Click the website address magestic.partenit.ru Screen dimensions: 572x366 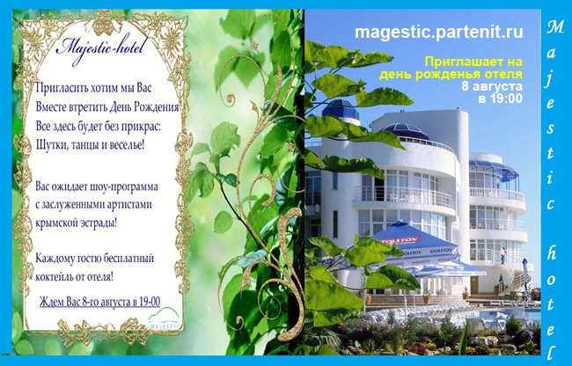(439, 32)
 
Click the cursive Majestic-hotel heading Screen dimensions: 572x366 (102, 49)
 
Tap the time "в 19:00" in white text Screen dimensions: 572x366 (500, 99)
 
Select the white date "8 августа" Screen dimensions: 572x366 (492, 87)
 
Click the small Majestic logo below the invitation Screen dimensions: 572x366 (165, 318)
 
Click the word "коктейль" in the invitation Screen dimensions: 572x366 (54, 276)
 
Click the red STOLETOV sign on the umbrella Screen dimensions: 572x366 (400, 240)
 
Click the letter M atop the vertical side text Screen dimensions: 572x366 (555, 27)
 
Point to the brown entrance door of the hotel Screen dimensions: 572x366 (474, 285)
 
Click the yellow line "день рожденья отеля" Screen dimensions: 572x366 (451, 75)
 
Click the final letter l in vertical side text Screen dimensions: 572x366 (552, 352)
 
